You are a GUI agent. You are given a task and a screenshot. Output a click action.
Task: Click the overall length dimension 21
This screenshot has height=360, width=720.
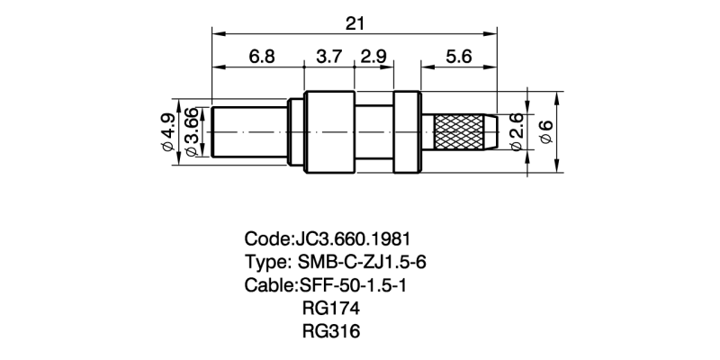pos(355,19)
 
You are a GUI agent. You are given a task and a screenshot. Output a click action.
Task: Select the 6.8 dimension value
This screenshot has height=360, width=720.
pos(262,56)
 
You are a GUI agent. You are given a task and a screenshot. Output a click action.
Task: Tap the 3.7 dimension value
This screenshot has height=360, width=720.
pos(329,56)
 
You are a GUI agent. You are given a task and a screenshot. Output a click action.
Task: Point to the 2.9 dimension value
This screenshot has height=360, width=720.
pos(373,56)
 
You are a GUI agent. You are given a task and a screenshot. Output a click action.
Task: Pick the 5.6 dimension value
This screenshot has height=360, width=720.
pos(459,56)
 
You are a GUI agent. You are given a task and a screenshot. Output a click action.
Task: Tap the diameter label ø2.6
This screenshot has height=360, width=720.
pos(517,133)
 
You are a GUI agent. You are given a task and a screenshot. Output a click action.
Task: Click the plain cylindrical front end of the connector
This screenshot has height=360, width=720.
pos(248,131)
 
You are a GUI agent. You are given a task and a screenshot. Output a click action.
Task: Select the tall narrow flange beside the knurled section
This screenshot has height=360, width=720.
pos(409,131)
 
